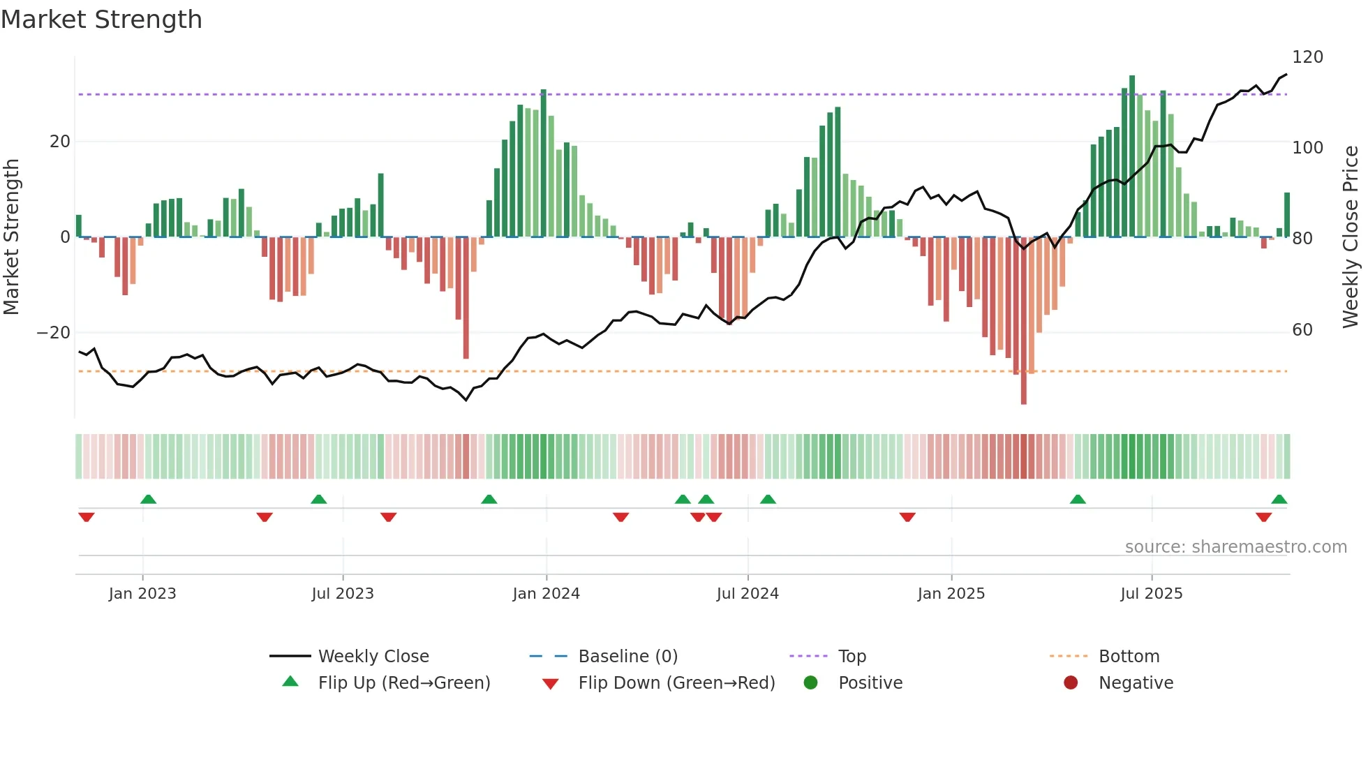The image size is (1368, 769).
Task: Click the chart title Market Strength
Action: coord(101,20)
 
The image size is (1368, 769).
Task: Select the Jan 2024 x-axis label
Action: coord(546,594)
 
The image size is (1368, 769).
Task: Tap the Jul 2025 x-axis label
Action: coord(1151,594)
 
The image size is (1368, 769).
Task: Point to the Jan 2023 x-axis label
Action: coord(142,594)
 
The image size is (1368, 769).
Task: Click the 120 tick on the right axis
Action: coord(1307,57)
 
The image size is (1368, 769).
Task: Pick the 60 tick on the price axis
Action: coord(1302,330)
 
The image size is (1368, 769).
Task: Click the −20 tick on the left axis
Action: coord(54,333)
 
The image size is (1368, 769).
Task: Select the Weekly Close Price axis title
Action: coord(1351,237)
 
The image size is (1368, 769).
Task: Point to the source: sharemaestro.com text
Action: coord(1235,547)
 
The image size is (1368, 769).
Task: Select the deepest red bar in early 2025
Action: coord(1023,321)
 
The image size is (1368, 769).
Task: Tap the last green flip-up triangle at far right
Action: coord(1279,500)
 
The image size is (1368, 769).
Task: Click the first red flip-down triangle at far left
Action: coord(87,517)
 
